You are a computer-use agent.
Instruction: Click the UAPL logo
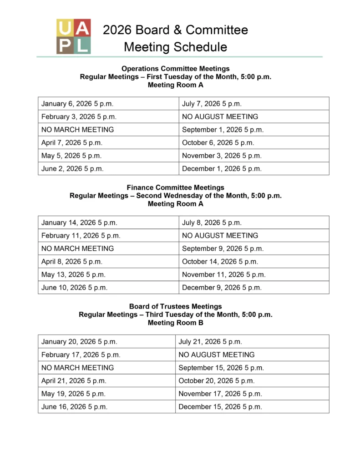tap(73, 36)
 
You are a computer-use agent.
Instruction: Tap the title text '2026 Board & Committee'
tap(175, 30)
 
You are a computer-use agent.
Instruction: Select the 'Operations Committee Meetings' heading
tap(175, 69)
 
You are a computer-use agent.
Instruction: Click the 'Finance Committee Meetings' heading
tap(175, 187)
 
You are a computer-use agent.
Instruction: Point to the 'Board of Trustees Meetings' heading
tap(175, 306)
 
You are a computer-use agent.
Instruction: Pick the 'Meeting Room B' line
tap(175, 323)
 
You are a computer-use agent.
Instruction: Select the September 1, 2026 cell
tap(223, 130)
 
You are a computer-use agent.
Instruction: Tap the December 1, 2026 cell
tap(222, 168)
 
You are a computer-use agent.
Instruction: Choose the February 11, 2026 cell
tap(81, 236)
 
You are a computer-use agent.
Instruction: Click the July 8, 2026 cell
tap(212, 223)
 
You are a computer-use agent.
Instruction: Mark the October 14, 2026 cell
tap(220, 262)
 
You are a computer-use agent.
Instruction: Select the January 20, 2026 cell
tap(79, 342)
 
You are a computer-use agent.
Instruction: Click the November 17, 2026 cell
tap(220, 394)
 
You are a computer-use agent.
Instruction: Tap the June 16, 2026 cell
tap(74, 407)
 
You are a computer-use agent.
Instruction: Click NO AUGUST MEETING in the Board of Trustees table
tap(216, 355)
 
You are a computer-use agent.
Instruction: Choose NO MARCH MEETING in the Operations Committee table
tap(77, 130)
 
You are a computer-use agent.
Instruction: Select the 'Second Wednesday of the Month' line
tap(175, 196)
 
